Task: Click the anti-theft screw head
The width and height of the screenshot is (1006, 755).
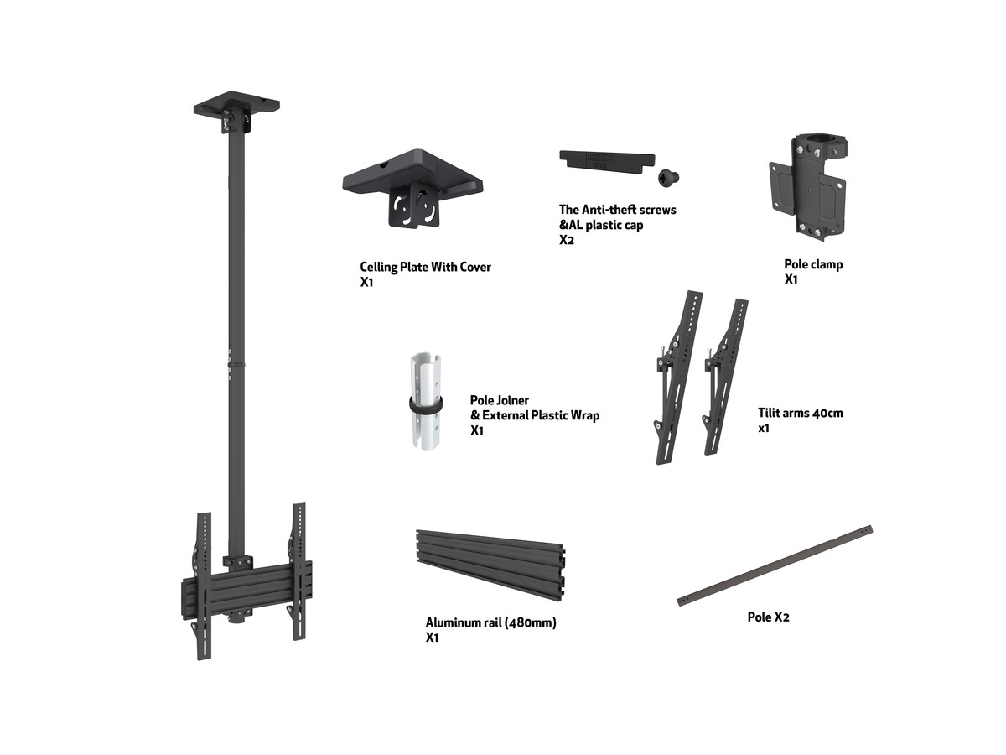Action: [x=668, y=177]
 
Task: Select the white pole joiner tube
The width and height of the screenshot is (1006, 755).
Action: [x=426, y=401]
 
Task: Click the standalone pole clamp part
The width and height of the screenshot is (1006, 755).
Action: [x=808, y=187]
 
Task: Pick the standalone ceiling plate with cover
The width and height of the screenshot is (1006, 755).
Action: [x=412, y=187]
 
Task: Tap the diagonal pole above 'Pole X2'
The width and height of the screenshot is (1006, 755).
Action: [x=775, y=565]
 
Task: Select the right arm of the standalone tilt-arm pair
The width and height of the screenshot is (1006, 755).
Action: [x=725, y=377]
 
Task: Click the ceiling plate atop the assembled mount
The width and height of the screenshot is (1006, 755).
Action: [x=236, y=111]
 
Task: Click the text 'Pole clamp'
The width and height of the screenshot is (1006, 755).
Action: [x=813, y=264]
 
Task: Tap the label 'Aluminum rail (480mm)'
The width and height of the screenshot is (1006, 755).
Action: [x=491, y=622]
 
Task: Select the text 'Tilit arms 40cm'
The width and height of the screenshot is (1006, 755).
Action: [x=801, y=413]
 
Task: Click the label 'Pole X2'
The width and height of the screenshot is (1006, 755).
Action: [x=768, y=617]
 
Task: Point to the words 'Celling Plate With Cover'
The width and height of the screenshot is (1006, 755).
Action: [x=425, y=267]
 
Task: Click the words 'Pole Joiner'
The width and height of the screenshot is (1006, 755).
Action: [x=499, y=400]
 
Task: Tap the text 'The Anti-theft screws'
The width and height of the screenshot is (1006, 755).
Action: [x=617, y=210]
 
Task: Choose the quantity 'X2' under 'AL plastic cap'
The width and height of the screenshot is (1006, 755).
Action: [x=567, y=240]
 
